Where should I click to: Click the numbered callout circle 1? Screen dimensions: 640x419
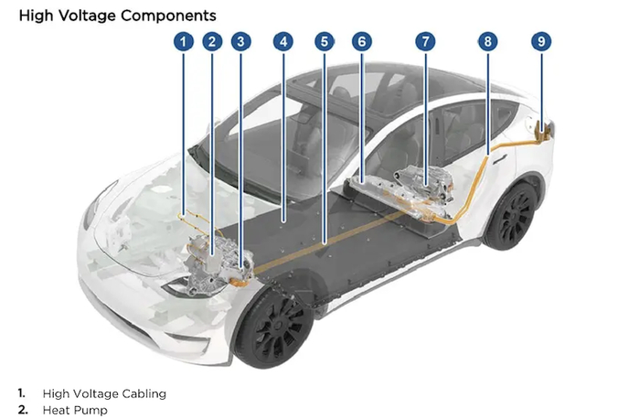coord(183,41)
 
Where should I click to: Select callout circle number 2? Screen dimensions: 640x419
coord(212,41)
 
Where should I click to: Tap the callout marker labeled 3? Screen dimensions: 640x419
coord(240,41)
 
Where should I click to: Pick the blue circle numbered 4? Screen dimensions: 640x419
coord(283,41)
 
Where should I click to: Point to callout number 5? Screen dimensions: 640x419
coord(325,41)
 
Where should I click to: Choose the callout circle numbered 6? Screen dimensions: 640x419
coord(362,41)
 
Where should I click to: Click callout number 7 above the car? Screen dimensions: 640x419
coord(425,41)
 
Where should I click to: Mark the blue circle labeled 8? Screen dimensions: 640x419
coord(487,41)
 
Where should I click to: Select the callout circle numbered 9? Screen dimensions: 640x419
coord(541,41)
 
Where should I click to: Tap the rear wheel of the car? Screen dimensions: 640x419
coord(511,217)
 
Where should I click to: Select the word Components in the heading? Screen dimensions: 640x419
coord(168,16)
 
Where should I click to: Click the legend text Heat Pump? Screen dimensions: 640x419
coord(75,410)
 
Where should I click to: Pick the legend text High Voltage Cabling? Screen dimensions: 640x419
coord(104,393)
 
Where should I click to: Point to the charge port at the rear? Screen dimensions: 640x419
coord(542,130)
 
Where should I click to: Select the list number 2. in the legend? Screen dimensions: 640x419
coord(23,410)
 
